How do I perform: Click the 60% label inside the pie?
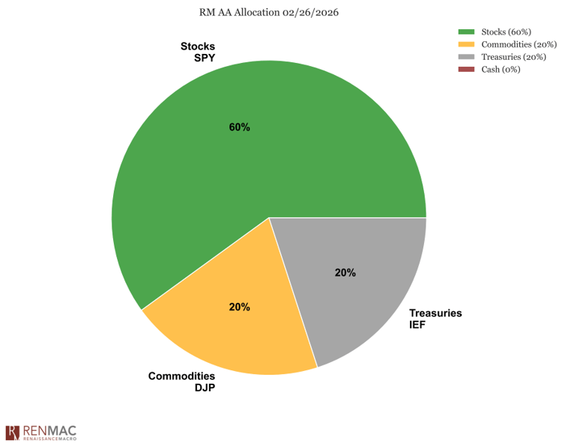(240, 127)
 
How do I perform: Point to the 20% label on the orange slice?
(240, 307)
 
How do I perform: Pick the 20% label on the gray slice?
(345, 273)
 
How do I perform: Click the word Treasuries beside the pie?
(435, 313)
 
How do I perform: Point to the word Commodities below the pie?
(183, 376)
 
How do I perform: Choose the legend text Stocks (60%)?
(507, 31)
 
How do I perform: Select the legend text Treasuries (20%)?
(514, 57)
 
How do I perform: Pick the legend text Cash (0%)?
(502, 70)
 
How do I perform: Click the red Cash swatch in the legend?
(467, 70)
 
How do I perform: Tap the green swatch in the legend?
(467, 31)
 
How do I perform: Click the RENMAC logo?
(41, 433)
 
